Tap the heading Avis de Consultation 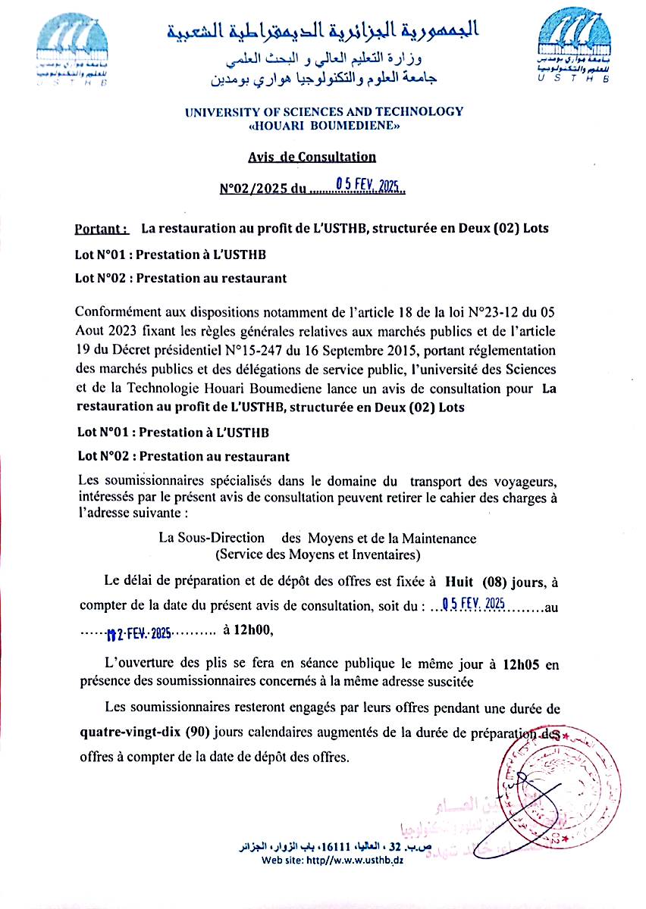pyautogui.click(x=312, y=157)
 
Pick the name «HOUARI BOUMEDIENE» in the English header pyautogui.click(x=324, y=127)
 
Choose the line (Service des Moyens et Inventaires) pyautogui.click(x=318, y=554)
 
